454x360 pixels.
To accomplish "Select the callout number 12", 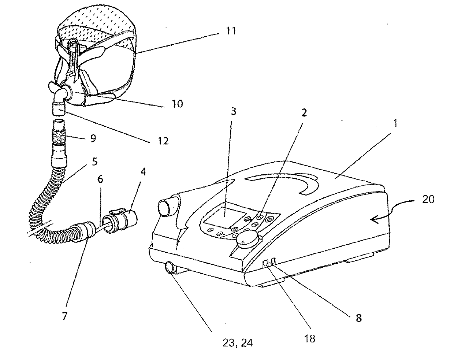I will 163,141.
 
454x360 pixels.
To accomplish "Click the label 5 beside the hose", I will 94,162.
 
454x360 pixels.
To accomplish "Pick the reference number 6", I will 100,179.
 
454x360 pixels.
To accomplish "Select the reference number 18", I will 310,339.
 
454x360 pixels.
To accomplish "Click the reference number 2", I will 304,113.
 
